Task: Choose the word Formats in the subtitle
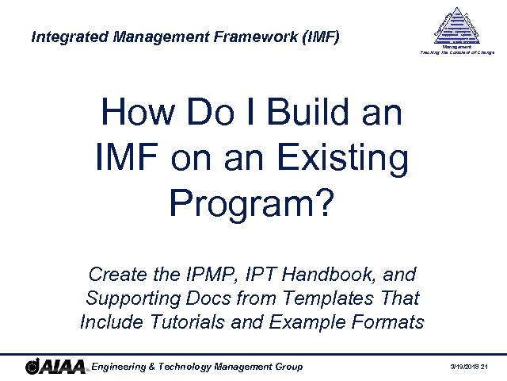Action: [x=386, y=323]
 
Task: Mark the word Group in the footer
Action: [x=288, y=366]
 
